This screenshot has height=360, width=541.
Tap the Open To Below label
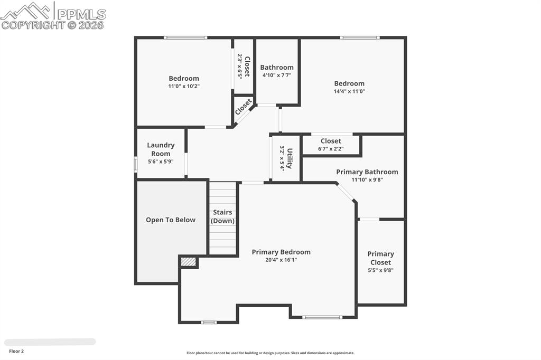pyautogui.click(x=171, y=220)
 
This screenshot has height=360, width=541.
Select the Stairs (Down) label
pyautogui.click(x=222, y=216)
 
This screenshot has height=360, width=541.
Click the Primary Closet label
pyautogui.click(x=380, y=258)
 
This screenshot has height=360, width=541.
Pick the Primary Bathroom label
pyautogui.click(x=367, y=172)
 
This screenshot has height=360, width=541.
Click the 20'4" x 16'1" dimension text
pyautogui.click(x=281, y=260)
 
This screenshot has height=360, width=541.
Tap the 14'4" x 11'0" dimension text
pyautogui.click(x=349, y=91)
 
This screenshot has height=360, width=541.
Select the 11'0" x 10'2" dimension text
pyautogui.click(x=184, y=86)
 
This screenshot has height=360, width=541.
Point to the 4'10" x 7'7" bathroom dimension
pyautogui.click(x=276, y=75)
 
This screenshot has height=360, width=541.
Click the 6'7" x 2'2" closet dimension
pyautogui.click(x=331, y=149)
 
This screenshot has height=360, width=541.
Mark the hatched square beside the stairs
pyautogui.click(x=188, y=261)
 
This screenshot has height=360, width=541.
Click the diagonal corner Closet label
pyautogui.click(x=244, y=107)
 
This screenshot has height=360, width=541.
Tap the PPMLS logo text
pyautogui.click(x=81, y=14)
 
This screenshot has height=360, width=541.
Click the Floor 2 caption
pyautogui.click(x=16, y=351)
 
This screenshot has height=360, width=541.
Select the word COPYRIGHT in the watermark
pyautogui.click(x=33, y=25)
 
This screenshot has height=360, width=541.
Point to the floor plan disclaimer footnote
pyautogui.click(x=270, y=353)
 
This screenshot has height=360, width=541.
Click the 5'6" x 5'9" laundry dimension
pyautogui.click(x=161, y=162)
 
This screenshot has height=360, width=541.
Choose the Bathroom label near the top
pyautogui.click(x=277, y=68)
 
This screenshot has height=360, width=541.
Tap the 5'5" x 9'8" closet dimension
pyautogui.click(x=380, y=270)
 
